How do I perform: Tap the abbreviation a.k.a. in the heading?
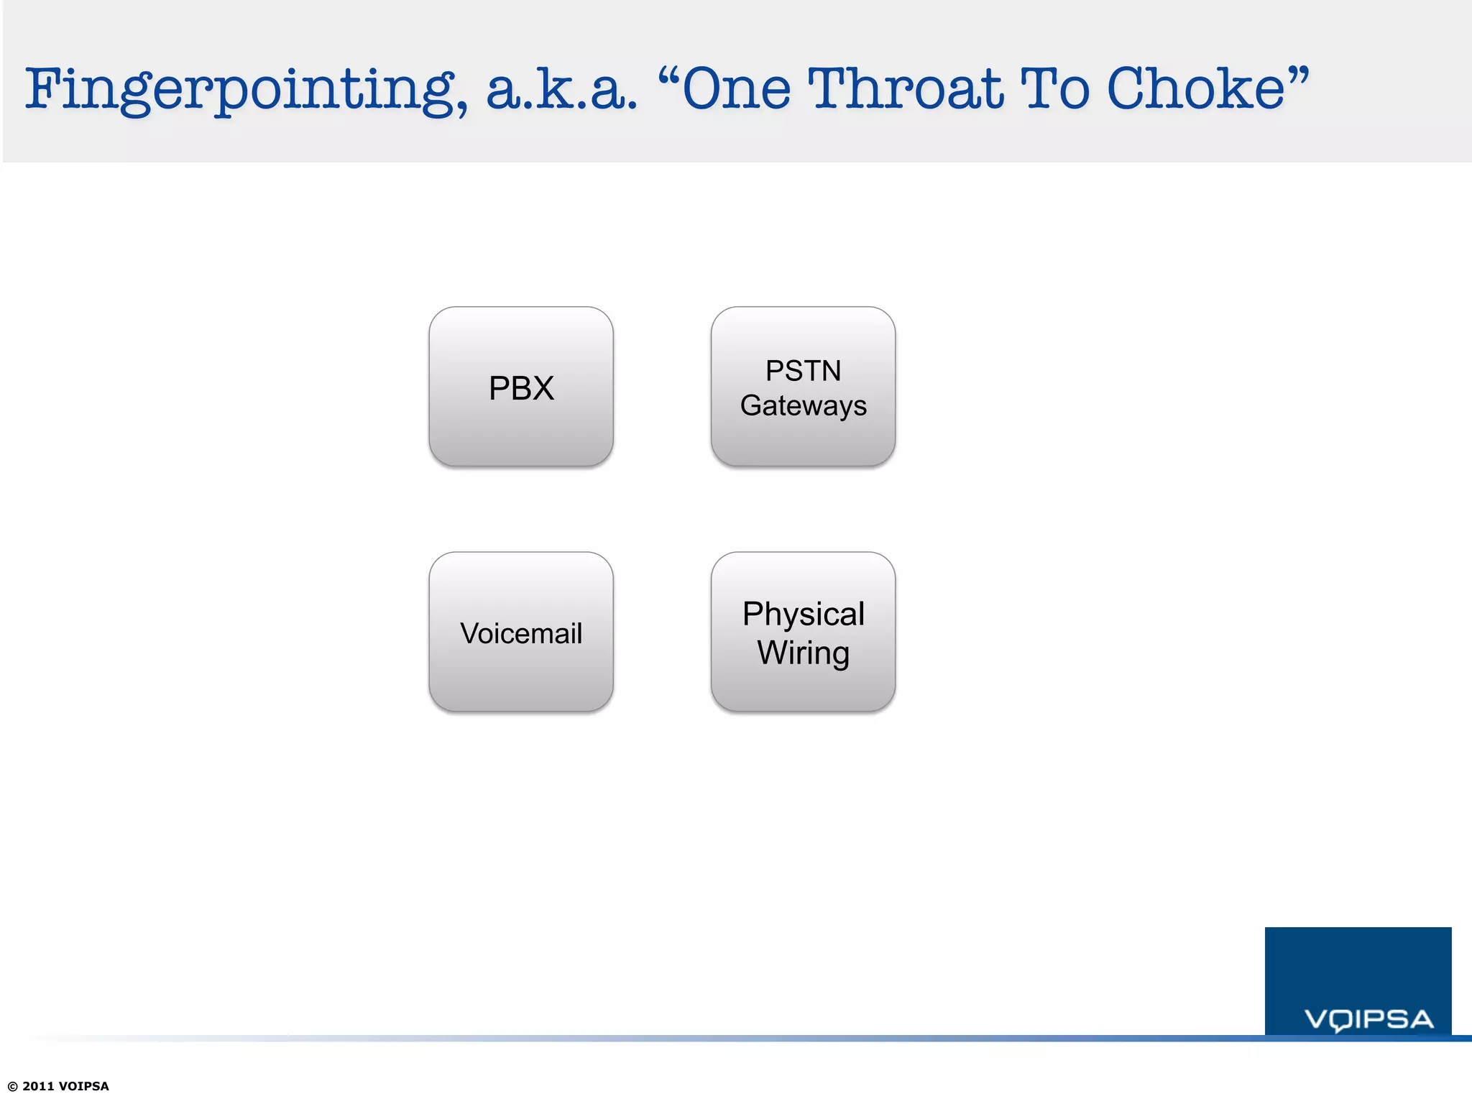pyautogui.click(x=561, y=90)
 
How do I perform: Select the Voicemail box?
pyautogui.click(x=521, y=633)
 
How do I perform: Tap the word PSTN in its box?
pyautogui.click(x=803, y=371)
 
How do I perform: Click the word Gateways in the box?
pyautogui.click(x=803, y=406)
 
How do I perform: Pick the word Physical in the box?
pyautogui.click(x=803, y=615)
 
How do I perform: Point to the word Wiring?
pyautogui.click(x=803, y=653)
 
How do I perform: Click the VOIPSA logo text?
pyautogui.click(x=1368, y=1019)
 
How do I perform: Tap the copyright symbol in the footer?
pyautogui.click(x=12, y=1086)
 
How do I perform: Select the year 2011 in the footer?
pyautogui.click(x=38, y=1086)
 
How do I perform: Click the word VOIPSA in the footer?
pyautogui.click(x=83, y=1086)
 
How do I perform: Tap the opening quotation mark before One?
pyautogui.click(x=668, y=74)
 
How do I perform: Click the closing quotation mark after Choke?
pyautogui.click(x=1298, y=74)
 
